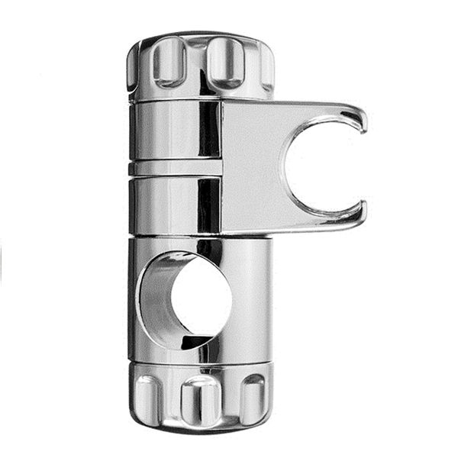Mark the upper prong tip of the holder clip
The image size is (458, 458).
tap(357, 118)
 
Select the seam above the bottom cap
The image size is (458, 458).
tap(200, 363)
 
